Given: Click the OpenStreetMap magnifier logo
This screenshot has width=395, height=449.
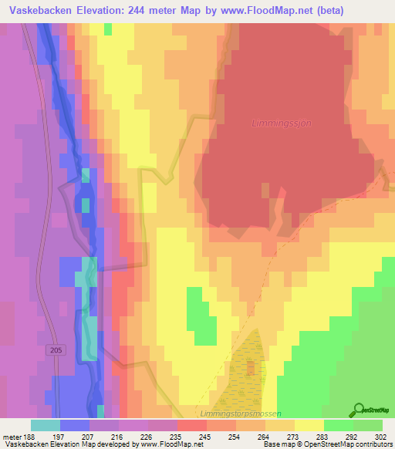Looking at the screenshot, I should (358, 410).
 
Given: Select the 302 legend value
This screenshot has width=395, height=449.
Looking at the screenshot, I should (380, 434).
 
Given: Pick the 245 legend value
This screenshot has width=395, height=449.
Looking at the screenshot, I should (204, 434).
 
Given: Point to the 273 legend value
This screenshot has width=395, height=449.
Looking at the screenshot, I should (292, 434).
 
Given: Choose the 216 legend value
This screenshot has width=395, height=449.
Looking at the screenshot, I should (116, 434).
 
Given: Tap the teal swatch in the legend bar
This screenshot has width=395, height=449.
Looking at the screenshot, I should (46, 425).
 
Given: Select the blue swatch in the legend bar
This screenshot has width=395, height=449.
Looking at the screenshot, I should (75, 425).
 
